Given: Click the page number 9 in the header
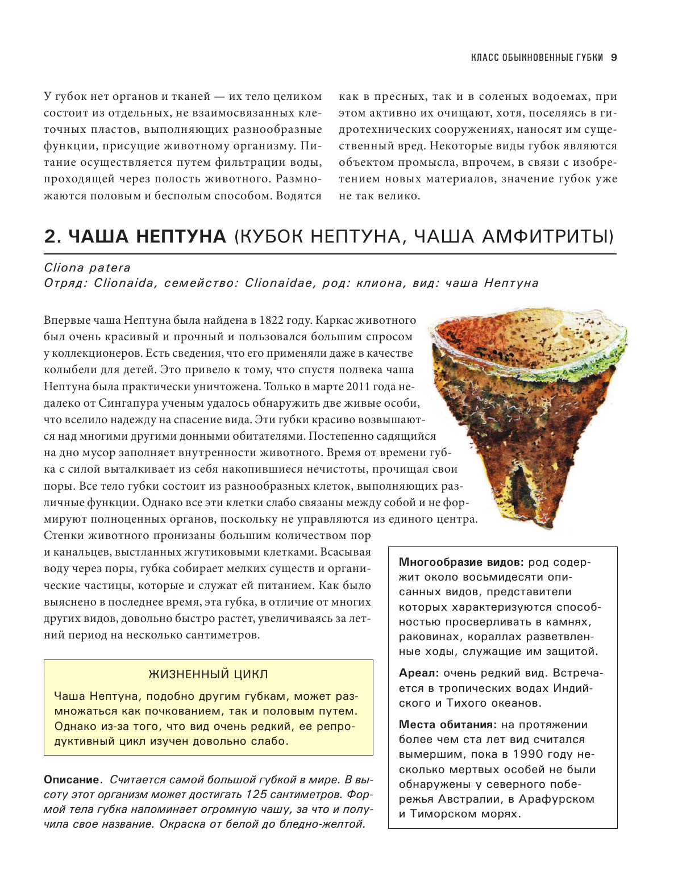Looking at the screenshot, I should [614, 57].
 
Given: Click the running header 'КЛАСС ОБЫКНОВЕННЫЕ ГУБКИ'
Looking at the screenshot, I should [537, 57].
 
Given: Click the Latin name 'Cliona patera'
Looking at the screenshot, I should [87, 268].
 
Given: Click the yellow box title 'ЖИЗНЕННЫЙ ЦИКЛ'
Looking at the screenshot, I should [208, 674].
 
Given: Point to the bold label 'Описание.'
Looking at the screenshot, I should [73, 780].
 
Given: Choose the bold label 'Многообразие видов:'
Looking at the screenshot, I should [461, 562].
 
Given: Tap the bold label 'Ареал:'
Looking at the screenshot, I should [419, 673].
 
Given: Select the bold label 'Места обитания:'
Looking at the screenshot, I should [447, 725].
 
